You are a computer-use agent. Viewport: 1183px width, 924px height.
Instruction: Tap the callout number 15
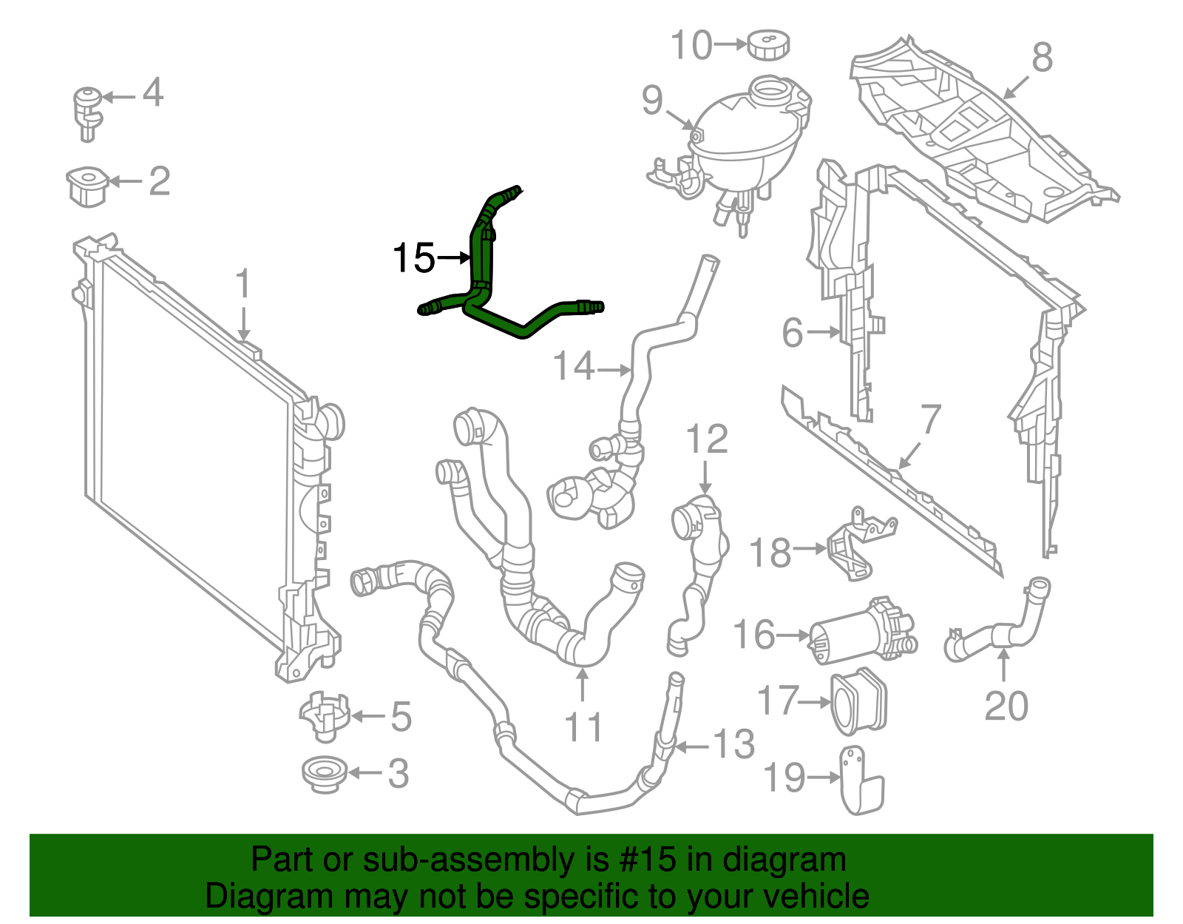pyautogui.click(x=413, y=258)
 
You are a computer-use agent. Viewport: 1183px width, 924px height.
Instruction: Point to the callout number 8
pyautogui.click(x=1042, y=57)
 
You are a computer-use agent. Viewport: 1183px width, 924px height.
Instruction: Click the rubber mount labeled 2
pyautogui.click(x=87, y=186)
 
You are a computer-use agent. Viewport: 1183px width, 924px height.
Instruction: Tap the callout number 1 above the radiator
pyautogui.click(x=243, y=285)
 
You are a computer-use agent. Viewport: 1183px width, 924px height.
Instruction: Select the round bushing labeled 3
pyautogui.click(x=324, y=774)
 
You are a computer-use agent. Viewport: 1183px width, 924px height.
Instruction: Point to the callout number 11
pyautogui.click(x=583, y=727)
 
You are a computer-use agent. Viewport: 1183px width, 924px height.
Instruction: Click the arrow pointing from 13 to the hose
pyautogui.click(x=691, y=746)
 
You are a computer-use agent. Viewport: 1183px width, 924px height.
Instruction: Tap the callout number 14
pyautogui.click(x=573, y=366)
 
